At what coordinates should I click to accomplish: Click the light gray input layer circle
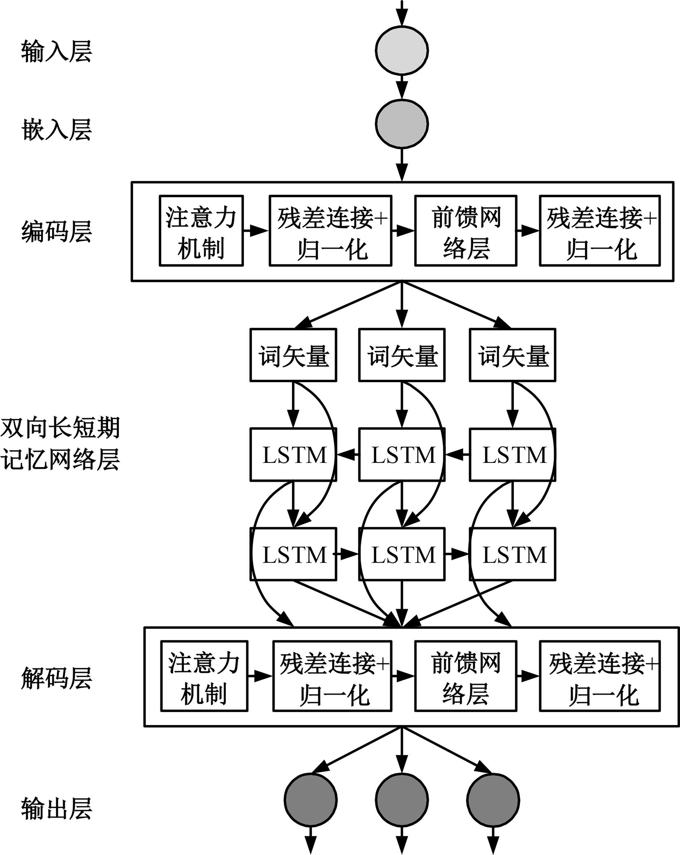click(402, 50)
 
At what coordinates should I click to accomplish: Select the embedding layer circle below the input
click(402, 123)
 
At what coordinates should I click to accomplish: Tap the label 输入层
click(57, 51)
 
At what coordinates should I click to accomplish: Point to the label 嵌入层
click(57, 129)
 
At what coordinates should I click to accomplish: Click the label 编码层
click(57, 231)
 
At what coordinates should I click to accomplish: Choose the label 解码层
click(57, 678)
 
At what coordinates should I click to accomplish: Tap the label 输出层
click(57, 809)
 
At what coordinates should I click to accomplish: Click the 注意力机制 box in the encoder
click(201, 231)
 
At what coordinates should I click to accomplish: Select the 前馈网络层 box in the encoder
click(465, 231)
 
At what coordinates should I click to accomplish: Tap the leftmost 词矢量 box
click(293, 355)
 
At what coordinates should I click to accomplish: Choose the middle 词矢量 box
click(402, 355)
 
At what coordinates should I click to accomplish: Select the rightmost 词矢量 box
click(512, 355)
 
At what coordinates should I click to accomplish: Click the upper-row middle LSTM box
click(402, 455)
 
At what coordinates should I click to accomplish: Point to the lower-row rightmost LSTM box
click(512, 555)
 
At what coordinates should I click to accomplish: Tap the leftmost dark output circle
click(310, 800)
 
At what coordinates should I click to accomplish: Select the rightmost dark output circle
click(493, 800)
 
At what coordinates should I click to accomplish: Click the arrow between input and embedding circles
click(402, 87)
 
